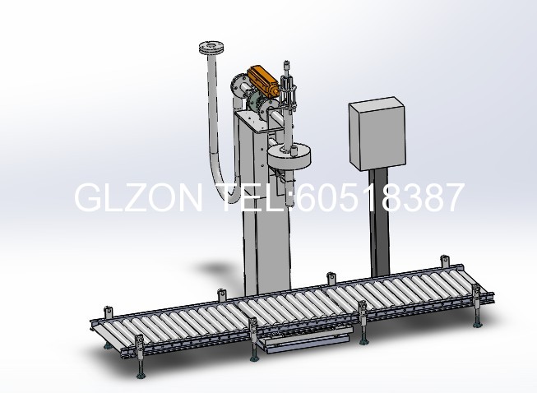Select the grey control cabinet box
[x=377, y=133]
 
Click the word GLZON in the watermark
[x=138, y=197]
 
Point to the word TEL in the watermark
[x=252, y=197]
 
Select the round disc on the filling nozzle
[x=289, y=155]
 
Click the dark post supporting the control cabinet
[x=379, y=222]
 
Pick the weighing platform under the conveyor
[x=305, y=340]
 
